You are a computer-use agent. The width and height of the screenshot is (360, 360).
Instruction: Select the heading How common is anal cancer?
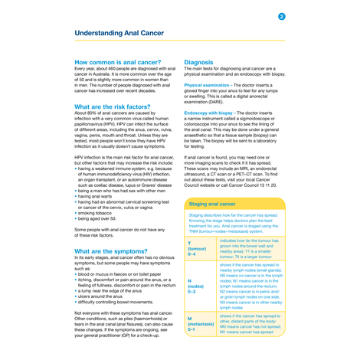117,61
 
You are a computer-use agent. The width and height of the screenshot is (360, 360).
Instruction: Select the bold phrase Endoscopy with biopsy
214,113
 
